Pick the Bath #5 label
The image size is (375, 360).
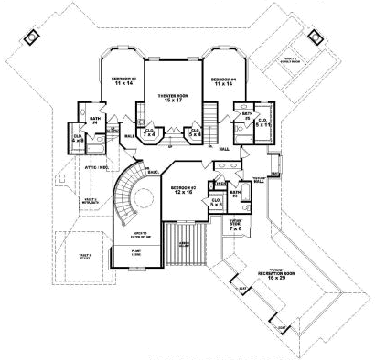[248, 114]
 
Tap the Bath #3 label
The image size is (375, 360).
[236, 193]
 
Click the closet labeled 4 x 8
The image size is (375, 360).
[77, 139]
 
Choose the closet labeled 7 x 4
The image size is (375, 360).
[150, 132]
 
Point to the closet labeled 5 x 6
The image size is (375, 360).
[216, 204]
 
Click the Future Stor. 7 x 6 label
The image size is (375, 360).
[236, 225]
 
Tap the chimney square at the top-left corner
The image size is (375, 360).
[29, 37]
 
